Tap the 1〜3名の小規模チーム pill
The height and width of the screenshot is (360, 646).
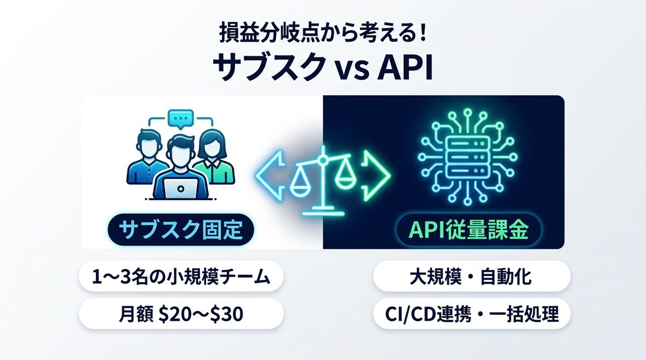click(x=181, y=278)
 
